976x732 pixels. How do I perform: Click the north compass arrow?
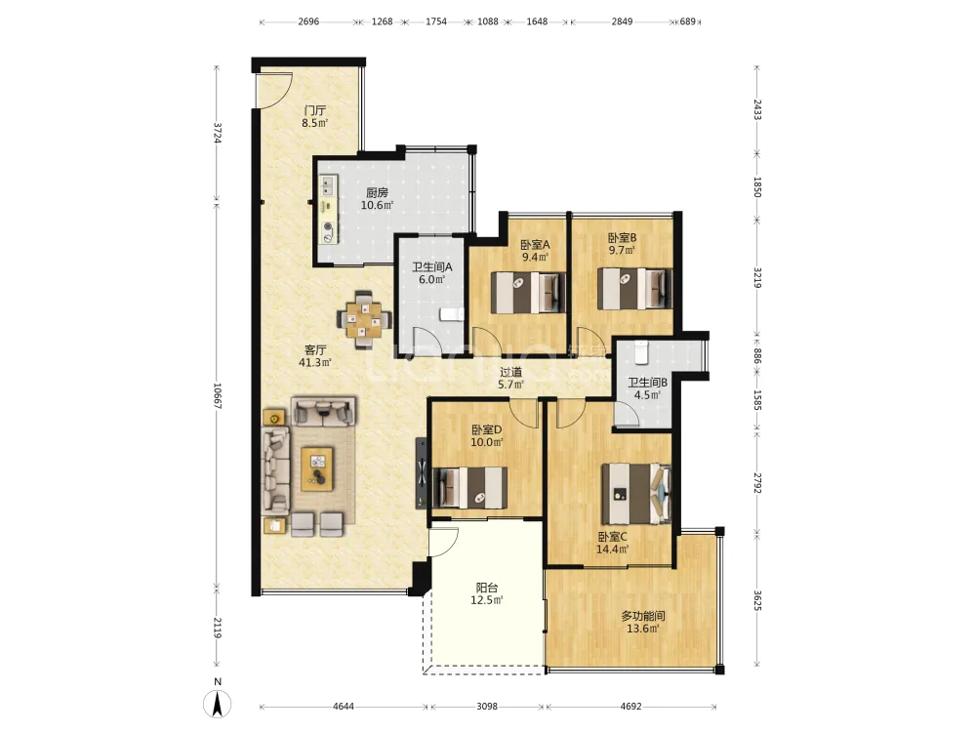pyautogui.click(x=218, y=705)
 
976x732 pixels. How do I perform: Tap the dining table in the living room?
pyautogui.click(x=365, y=319)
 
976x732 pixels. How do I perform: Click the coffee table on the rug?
pyautogui.click(x=317, y=468)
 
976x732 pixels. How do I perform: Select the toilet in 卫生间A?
pyautogui.click(x=451, y=313)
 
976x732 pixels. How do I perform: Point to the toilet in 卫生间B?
pyautogui.click(x=641, y=352)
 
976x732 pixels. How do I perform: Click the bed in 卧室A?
pyautogui.click(x=528, y=292)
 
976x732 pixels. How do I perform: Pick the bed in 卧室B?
pyautogui.click(x=635, y=288)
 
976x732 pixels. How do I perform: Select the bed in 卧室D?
pyautogui.click(x=470, y=487)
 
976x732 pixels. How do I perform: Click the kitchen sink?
pyautogui.click(x=327, y=185)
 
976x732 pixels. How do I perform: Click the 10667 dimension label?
pyautogui.click(x=218, y=395)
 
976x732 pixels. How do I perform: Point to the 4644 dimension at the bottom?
pyautogui.click(x=344, y=707)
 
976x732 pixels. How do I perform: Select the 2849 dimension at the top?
pyautogui.click(x=622, y=21)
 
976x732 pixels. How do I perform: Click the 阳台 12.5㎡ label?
pyautogui.click(x=487, y=593)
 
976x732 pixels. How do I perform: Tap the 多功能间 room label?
pyautogui.click(x=643, y=616)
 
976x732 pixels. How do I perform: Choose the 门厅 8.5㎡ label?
pyautogui.click(x=315, y=116)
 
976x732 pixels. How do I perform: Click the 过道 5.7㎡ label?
pyautogui.click(x=511, y=379)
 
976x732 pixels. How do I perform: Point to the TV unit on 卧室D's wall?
pyautogui.click(x=422, y=473)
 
